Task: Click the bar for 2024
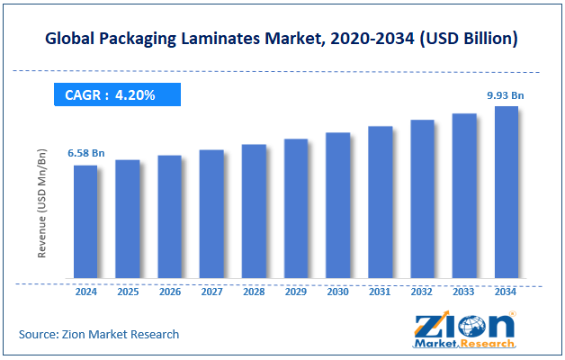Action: click(x=85, y=222)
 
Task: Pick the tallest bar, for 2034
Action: click(x=506, y=193)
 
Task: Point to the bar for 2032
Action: click(x=422, y=200)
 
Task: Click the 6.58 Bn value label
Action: click(x=85, y=154)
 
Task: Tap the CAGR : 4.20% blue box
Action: click(x=116, y=94)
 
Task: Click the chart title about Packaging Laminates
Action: click(x=282, y=40)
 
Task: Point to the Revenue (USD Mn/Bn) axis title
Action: click(x=42, y=206)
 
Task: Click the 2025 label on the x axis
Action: click(x=127, y=292)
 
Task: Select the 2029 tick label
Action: click(x=295, y=292)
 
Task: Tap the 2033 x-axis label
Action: click(x=463, y=292)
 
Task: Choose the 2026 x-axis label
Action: click(x=169, y=292)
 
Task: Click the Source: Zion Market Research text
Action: click(x=99, y=334)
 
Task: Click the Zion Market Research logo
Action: click(x=465, y=329)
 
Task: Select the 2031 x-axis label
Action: click(x=380, y=292)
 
